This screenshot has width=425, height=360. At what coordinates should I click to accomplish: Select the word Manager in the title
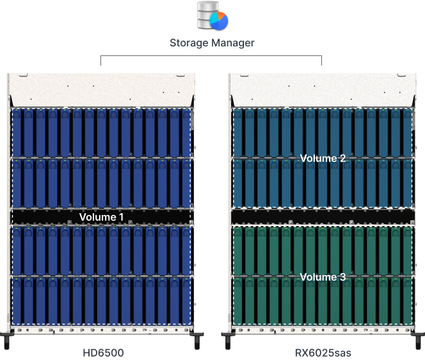tap(233, 43)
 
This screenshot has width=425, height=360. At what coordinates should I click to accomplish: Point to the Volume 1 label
tap(101, 217)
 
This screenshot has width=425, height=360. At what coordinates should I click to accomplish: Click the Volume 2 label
tap(323, 158)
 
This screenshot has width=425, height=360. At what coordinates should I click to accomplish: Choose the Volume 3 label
tap(323, 277)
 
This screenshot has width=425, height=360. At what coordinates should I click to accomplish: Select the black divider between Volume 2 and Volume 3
tap(322, 217)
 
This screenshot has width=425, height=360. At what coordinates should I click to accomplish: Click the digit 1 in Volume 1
tap(121, 217)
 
